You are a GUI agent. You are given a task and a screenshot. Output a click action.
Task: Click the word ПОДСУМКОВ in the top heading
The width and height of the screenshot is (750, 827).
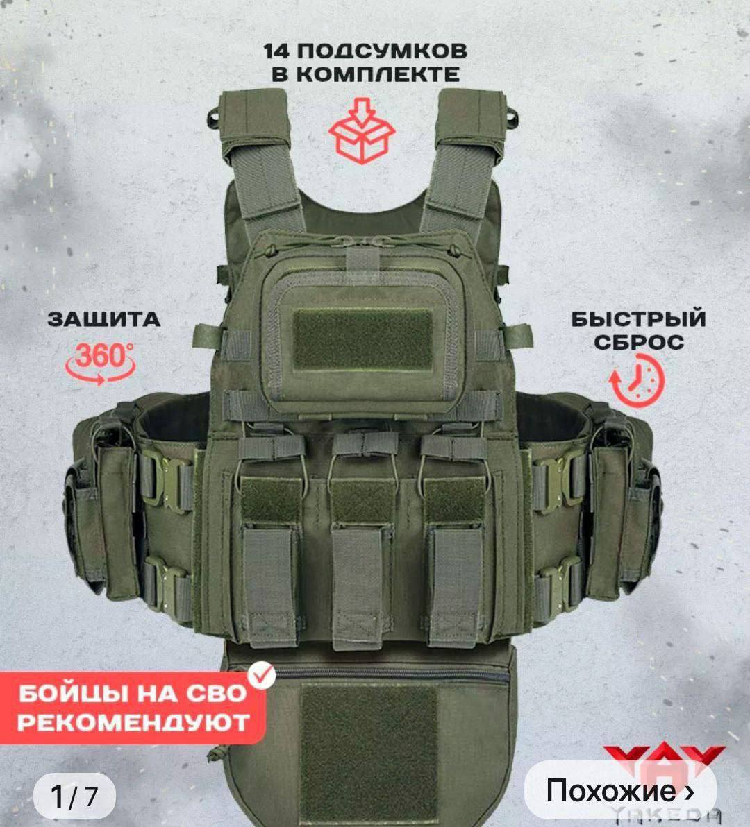(380, 51)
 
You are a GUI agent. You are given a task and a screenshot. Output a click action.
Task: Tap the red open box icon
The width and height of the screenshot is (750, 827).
(362, 130)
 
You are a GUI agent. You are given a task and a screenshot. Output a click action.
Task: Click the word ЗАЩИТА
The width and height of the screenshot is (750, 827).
(104, 319)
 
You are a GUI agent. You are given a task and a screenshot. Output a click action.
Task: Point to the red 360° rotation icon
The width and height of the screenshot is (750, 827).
(100, 362)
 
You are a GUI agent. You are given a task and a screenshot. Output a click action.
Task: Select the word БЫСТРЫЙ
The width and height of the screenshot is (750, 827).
(639, 319)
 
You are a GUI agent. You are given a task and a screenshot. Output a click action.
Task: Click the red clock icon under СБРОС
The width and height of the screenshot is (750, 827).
(637, 380)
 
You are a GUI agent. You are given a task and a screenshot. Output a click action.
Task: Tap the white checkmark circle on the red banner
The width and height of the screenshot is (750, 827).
(262, 675)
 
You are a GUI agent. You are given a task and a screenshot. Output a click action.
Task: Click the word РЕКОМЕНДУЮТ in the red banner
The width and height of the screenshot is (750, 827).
(133, 722)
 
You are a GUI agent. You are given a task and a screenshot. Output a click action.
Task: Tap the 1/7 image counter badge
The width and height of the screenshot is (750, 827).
(74, 796)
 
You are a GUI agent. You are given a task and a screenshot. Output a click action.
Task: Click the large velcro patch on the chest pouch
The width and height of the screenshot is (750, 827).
(363, 339)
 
